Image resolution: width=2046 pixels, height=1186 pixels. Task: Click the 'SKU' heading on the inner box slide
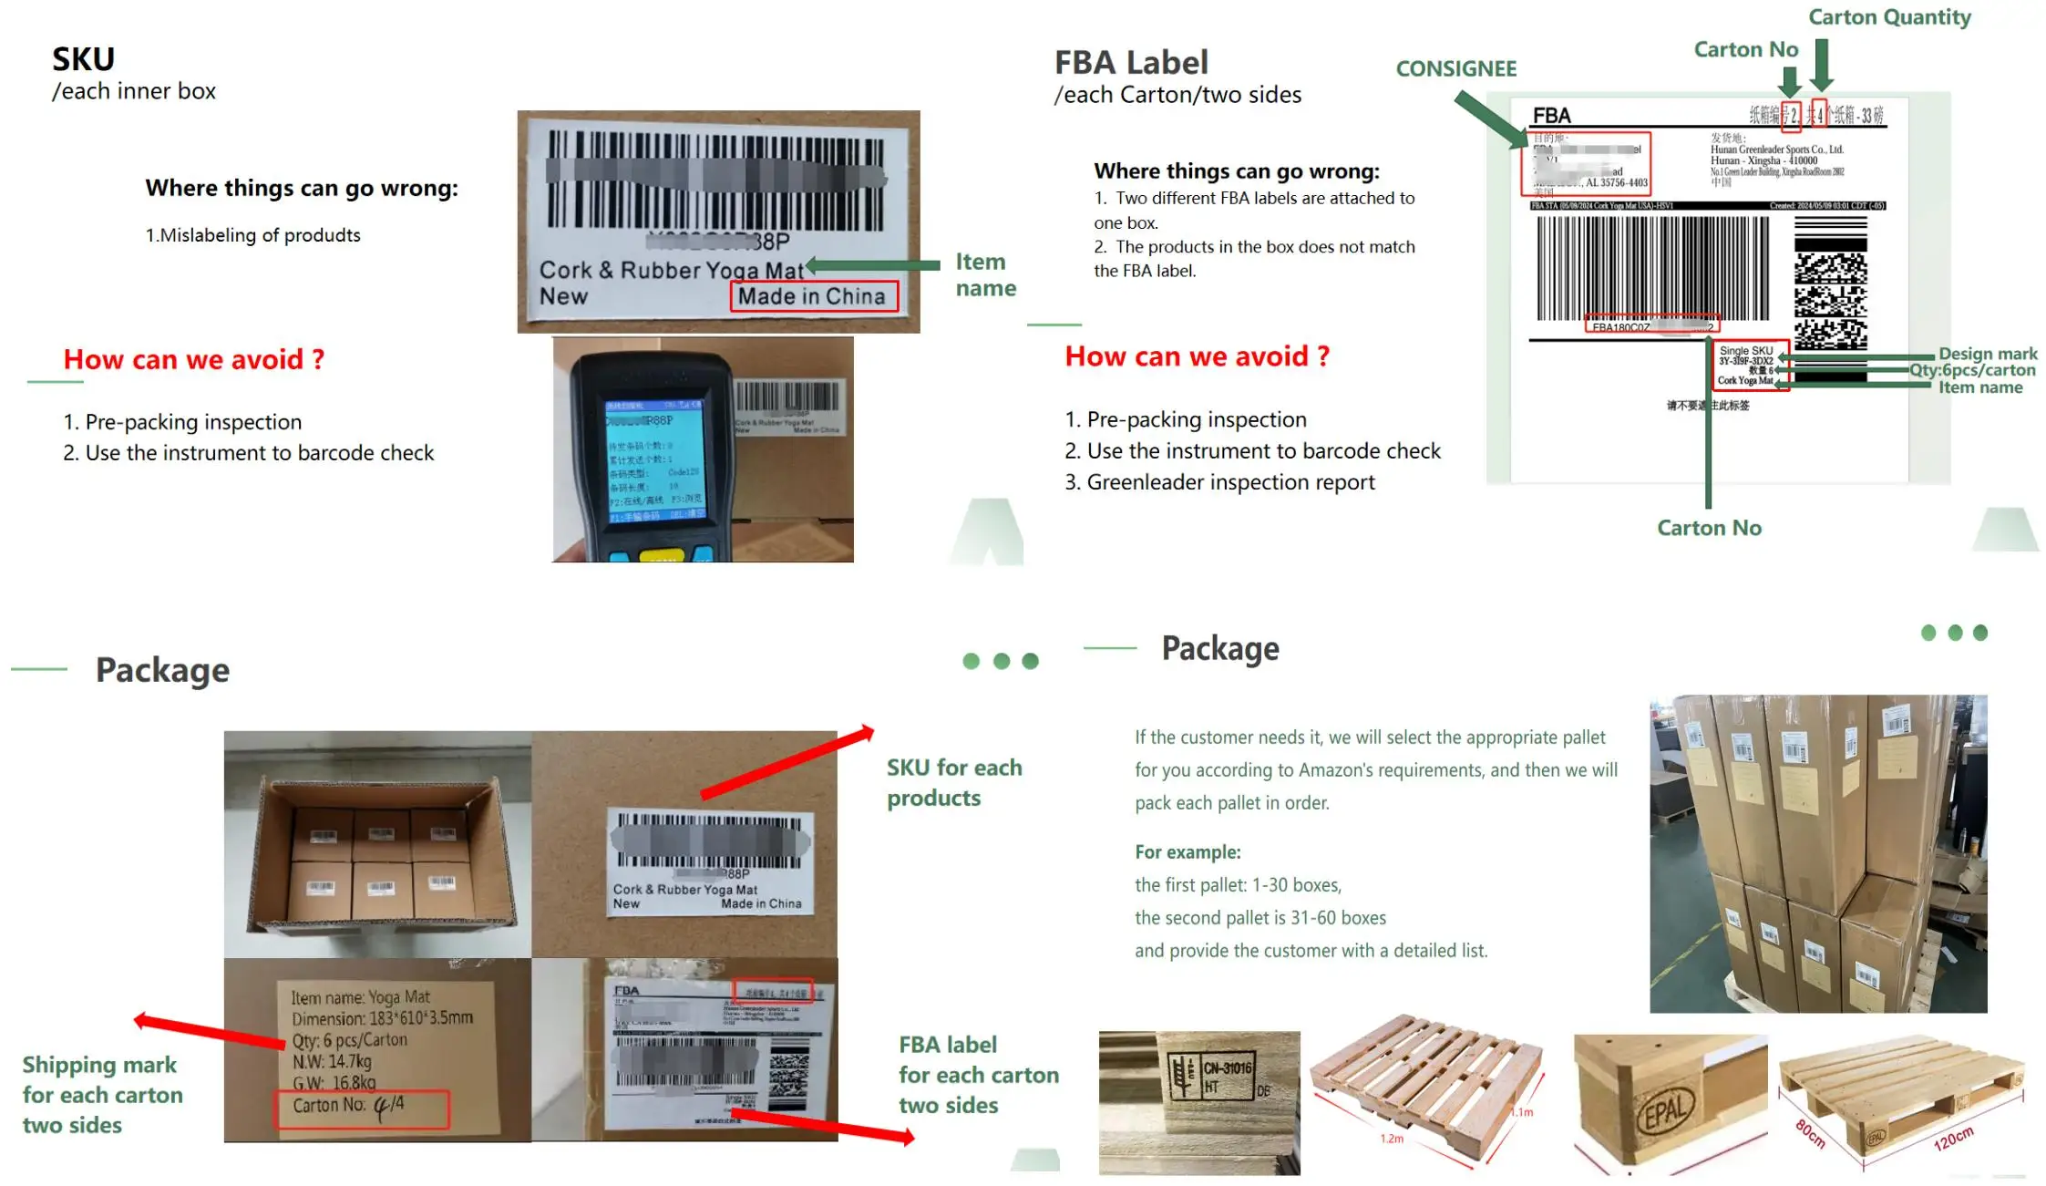pyautogui.click(x=83, y=59)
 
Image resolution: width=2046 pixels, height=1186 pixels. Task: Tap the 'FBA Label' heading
pyautogui.click(x=1130, y=62)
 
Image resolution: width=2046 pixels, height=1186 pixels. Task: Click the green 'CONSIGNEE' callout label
pyautogui.click(x=1455, y=68)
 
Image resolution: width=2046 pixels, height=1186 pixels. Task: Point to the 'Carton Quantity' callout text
pyautogui.click(x=1888, y=17)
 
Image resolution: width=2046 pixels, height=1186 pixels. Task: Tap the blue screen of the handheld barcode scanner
pyautogui.click(x=653, y=461)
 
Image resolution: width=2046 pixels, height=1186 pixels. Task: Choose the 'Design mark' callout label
pyautogui.click(x=1987, y=353)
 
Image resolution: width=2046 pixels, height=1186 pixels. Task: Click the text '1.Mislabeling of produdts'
pyautogui.click(x=252, y=235)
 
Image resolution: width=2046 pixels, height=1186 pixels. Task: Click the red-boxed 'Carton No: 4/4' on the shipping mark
pyautogui.click(x=362, y=1107)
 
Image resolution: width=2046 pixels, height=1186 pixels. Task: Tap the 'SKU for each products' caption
pyautogui.click(x=953, y=782)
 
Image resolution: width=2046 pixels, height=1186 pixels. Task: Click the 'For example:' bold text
pyautogui.click(x=1187, y=851)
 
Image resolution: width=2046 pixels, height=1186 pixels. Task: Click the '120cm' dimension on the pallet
pyautogui.click(x=1952, y=1139)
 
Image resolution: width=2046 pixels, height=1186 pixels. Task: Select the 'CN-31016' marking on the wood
pyautogui.click(x=1227, y=1067)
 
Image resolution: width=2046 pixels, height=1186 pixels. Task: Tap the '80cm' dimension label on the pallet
pyautogui.click(x=1810, y=1133)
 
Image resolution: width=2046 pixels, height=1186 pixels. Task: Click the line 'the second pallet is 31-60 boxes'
pyautogui.click(x=1259, y=917)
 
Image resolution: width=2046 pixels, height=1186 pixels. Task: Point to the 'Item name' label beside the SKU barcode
pyautogui.click(x=984, y=274)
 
